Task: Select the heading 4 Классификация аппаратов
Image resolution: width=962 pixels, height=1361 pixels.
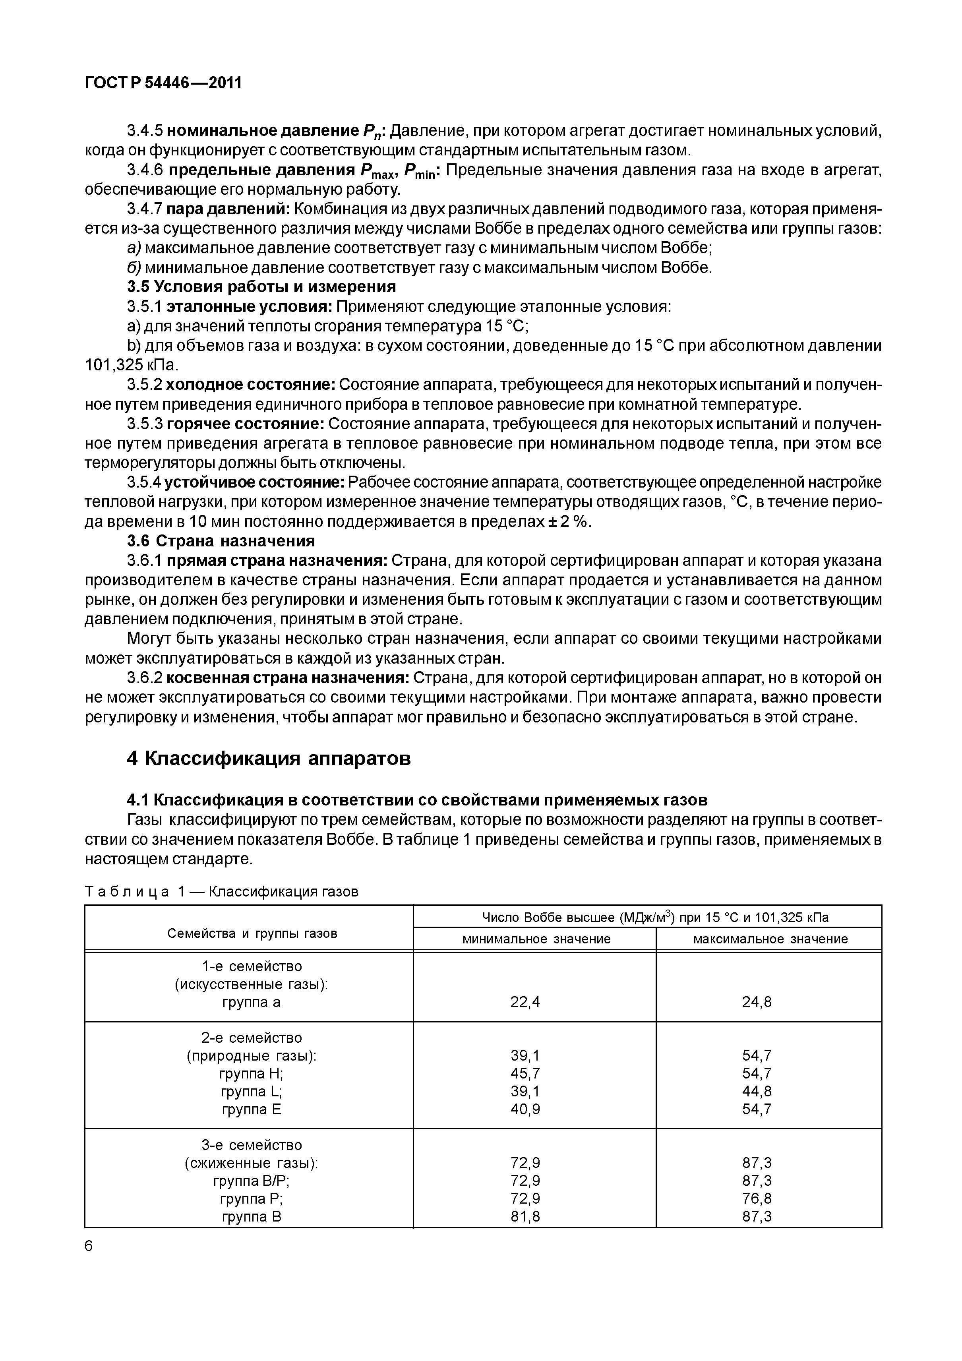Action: [x=269, y=758]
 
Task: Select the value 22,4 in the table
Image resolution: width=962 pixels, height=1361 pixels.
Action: [x=525, y=1002]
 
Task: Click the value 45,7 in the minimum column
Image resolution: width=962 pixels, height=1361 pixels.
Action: [x=525, y=1073]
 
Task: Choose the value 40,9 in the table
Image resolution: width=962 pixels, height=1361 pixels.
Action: [x=525, y=1109]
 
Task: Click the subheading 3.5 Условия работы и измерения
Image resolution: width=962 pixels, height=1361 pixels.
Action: [x=261, y=287]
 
